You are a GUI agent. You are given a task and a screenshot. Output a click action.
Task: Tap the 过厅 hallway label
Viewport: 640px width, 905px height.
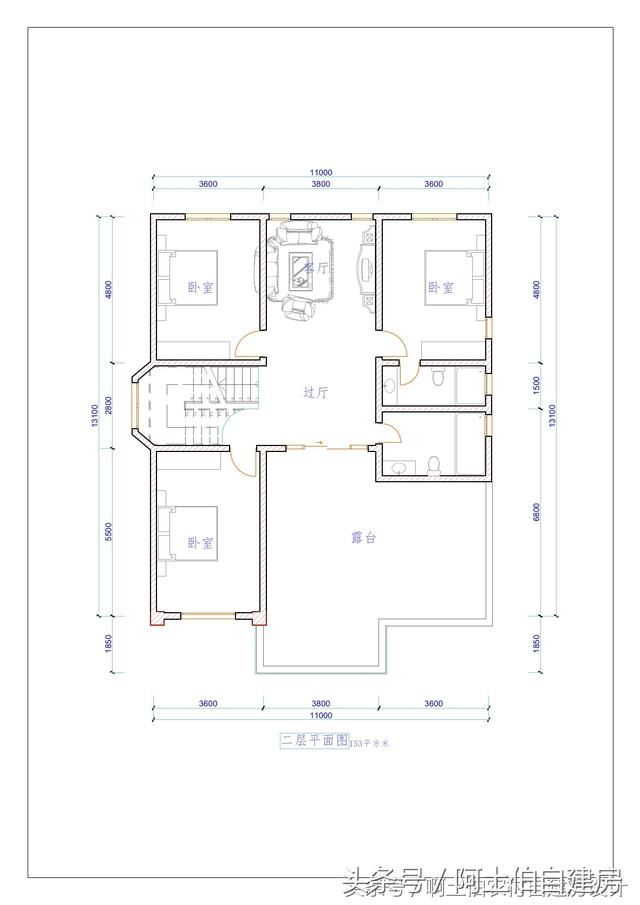click(315, 393)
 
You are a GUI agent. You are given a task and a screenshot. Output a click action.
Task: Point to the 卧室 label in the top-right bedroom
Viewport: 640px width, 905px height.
click(441, 287)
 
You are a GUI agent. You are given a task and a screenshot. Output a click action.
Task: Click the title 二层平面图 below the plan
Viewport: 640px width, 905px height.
click(312, 741)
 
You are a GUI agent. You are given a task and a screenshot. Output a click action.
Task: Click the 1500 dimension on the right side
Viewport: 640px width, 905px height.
click(537, 384)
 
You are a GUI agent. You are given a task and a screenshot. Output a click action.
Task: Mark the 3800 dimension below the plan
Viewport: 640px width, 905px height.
click(320, 704)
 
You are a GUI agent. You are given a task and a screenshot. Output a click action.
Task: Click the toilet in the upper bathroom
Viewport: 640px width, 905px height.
click(438, 377)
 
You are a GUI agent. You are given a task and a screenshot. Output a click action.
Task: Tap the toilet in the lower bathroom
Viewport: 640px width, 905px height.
click(433, 466)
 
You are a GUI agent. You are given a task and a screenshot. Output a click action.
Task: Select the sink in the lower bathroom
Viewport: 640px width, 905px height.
click(398, 467)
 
